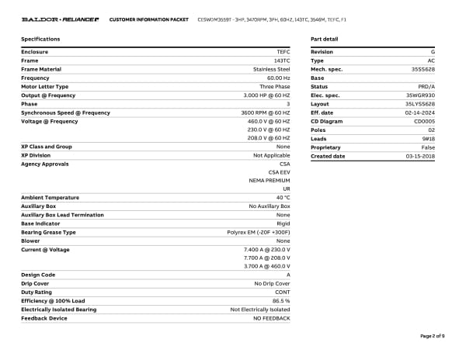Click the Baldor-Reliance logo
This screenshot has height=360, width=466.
[59, 19]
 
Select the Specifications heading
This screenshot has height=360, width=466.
[40, 39]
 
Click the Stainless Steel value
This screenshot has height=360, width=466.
[271, 69]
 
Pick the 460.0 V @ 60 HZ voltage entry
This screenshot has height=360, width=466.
[269, 121]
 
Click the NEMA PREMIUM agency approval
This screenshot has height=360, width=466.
[270, 180]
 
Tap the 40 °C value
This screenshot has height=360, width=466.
[282, 197]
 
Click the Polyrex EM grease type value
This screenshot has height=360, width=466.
[259, 232]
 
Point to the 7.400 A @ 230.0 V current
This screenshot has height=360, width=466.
[266, 250]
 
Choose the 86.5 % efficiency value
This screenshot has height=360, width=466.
[281, 300]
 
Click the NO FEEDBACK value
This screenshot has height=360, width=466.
[271, 318]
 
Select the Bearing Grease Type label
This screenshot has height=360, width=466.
[48, 232]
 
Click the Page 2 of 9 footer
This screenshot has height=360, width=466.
[432, 336]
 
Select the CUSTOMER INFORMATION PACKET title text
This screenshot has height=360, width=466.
[149, 19]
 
